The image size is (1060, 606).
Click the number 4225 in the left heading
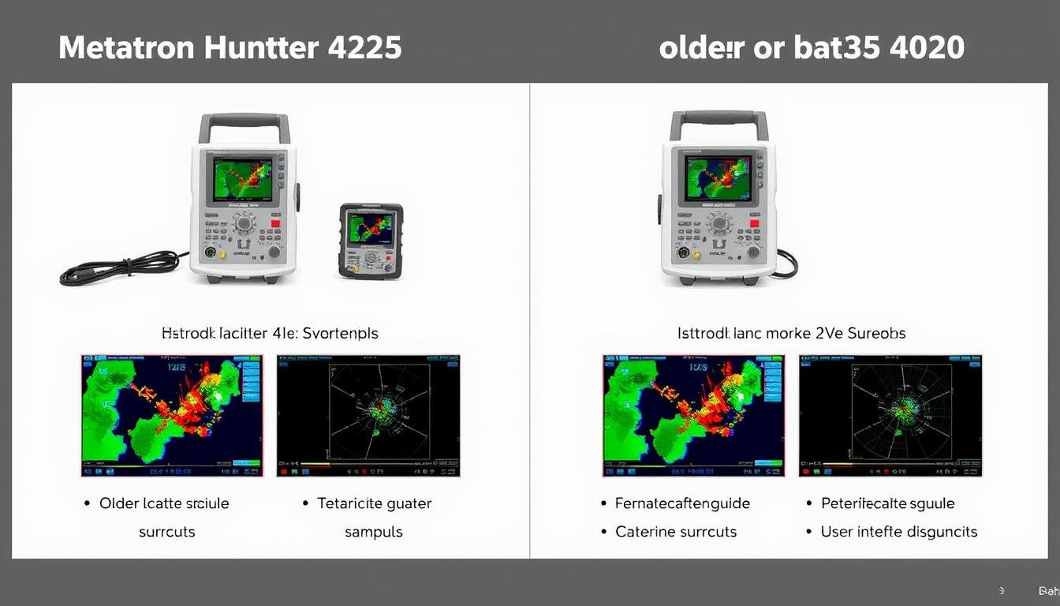pos(364,48)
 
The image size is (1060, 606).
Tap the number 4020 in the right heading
pos(925,48)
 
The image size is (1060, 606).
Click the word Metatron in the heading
pos(127,48)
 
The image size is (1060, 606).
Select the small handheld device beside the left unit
pos(371,241)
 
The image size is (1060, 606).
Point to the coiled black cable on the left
pos(118,268)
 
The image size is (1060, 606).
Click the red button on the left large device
pos(275,224)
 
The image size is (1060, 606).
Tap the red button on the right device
pos(754,224)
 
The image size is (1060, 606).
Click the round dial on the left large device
pos(244,223)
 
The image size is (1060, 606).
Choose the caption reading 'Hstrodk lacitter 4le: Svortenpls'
pos(270,333)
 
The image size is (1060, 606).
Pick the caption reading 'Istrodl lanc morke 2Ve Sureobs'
pos(791,333)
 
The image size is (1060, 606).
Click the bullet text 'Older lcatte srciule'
pos(164,503)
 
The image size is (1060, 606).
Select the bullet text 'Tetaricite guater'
pos(374,503)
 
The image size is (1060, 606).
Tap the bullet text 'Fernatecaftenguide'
pos(682,503)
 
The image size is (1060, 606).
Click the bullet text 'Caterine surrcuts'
pos(676,532)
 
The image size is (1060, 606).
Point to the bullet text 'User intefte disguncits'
pos(898,532)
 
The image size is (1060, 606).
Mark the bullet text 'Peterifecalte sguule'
pos(887,503)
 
